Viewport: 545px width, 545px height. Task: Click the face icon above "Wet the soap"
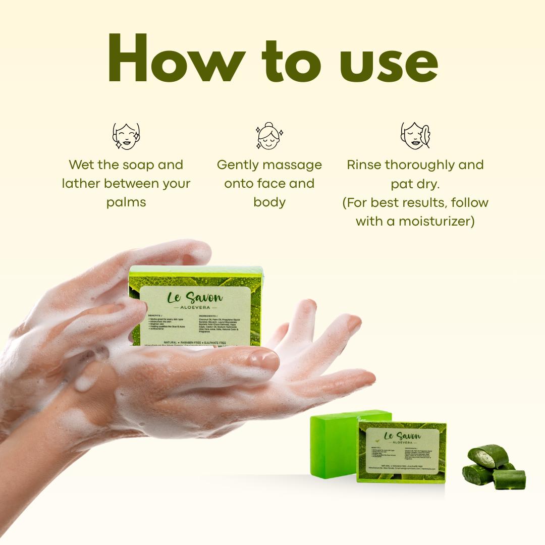pyautogui.click(x=126, y=135)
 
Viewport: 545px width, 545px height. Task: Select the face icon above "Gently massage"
pyautogui.click(x=269, y=135)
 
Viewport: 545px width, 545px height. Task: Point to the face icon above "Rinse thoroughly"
pyautogui.click(x=415, y=135)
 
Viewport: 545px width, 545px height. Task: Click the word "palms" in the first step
pyautogui.click(x=126, y=202)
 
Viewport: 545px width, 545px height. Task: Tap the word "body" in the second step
pyautogui.click(x=269, y=202)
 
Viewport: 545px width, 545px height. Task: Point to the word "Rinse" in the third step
pyautogui.click(x=364, y=165)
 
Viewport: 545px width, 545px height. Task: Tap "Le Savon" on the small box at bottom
pyautogui.click(x=402, y=436)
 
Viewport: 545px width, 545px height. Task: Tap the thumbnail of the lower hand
pyautogui.click(x=263, y=359)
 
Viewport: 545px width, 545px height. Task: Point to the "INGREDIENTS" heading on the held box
pyautogui.click(x=211, y=316)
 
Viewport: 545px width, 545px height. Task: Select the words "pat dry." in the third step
pyautogui.click(x=415, y=184)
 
